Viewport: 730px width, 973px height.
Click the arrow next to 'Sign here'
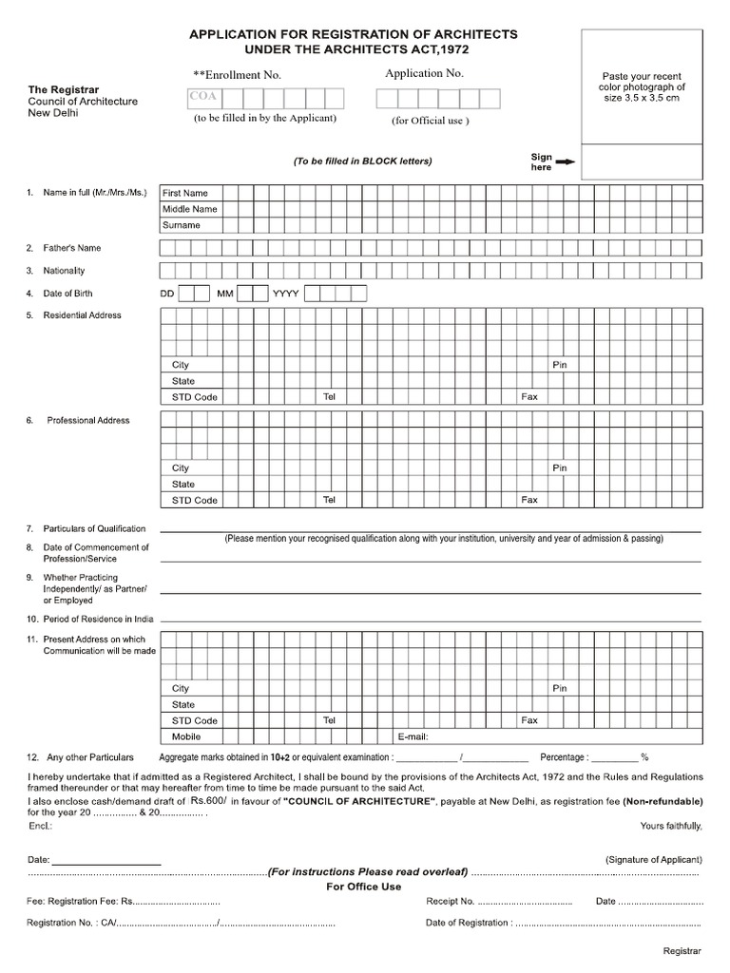click(565, 162)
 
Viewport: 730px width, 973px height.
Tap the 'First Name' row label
click(184, 193)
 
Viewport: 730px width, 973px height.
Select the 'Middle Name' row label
click(189, 209)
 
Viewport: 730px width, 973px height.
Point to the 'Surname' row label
click(181, 225)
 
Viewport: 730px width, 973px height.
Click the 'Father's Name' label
click(71, 248)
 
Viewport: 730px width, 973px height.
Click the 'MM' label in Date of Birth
click(224, 294)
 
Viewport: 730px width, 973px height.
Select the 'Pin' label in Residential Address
click(560, 365)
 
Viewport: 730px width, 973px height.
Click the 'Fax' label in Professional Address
click(529, 500)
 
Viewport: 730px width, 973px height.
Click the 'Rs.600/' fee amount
click(208, 802)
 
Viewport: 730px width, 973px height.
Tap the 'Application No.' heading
click(424, 73)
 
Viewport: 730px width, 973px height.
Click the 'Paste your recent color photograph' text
click(642, 86)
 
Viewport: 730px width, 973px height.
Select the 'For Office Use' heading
click(364, 887)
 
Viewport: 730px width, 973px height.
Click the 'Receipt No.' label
click(451, 901)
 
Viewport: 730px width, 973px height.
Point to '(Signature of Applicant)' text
click(654, 859)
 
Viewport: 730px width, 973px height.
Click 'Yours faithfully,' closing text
click(671, 825)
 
